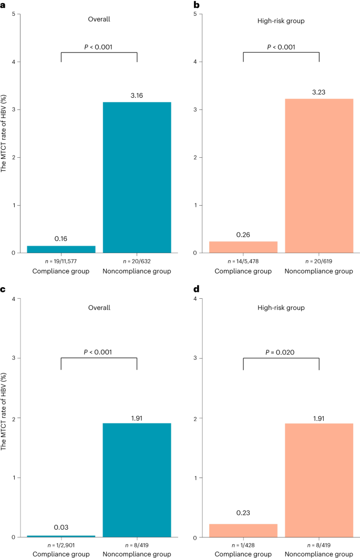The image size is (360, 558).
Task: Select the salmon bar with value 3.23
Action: tap(319, 176)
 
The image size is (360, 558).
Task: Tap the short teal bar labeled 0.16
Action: tap(61, 249)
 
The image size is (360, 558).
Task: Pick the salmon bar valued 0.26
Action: tap(243, 247)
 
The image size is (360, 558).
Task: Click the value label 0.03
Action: tap(61, 527)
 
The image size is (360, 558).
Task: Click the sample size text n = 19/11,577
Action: tap(61, 261)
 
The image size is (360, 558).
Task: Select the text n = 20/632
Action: tap(137, 261)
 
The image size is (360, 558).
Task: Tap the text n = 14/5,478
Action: tap(243, 261)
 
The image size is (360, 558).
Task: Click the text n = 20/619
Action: tap(319, 261)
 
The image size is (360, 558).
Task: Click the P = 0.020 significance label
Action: tap(281, 337)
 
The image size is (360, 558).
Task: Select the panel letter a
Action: tap(3, 4)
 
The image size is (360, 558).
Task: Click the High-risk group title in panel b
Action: tap(281, 23)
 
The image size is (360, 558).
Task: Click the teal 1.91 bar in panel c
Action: tap(137, 480)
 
